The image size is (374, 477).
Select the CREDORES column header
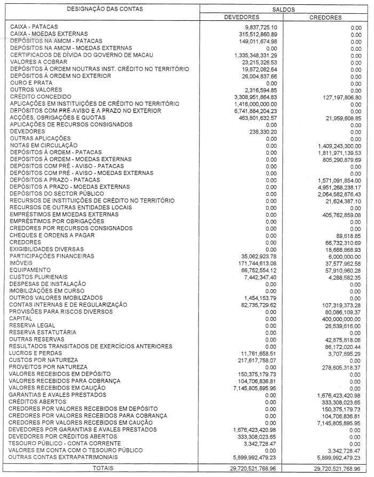(x=325, y=18)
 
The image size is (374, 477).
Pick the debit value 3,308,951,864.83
(x=248, y=97)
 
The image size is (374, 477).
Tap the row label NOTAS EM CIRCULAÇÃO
(x=44, y=145)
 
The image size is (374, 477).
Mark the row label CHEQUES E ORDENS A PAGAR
(x=52, y=235)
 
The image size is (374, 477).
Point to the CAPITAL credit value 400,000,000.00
(x=336, y=318)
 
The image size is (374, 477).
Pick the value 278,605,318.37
(x=337, y=367)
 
